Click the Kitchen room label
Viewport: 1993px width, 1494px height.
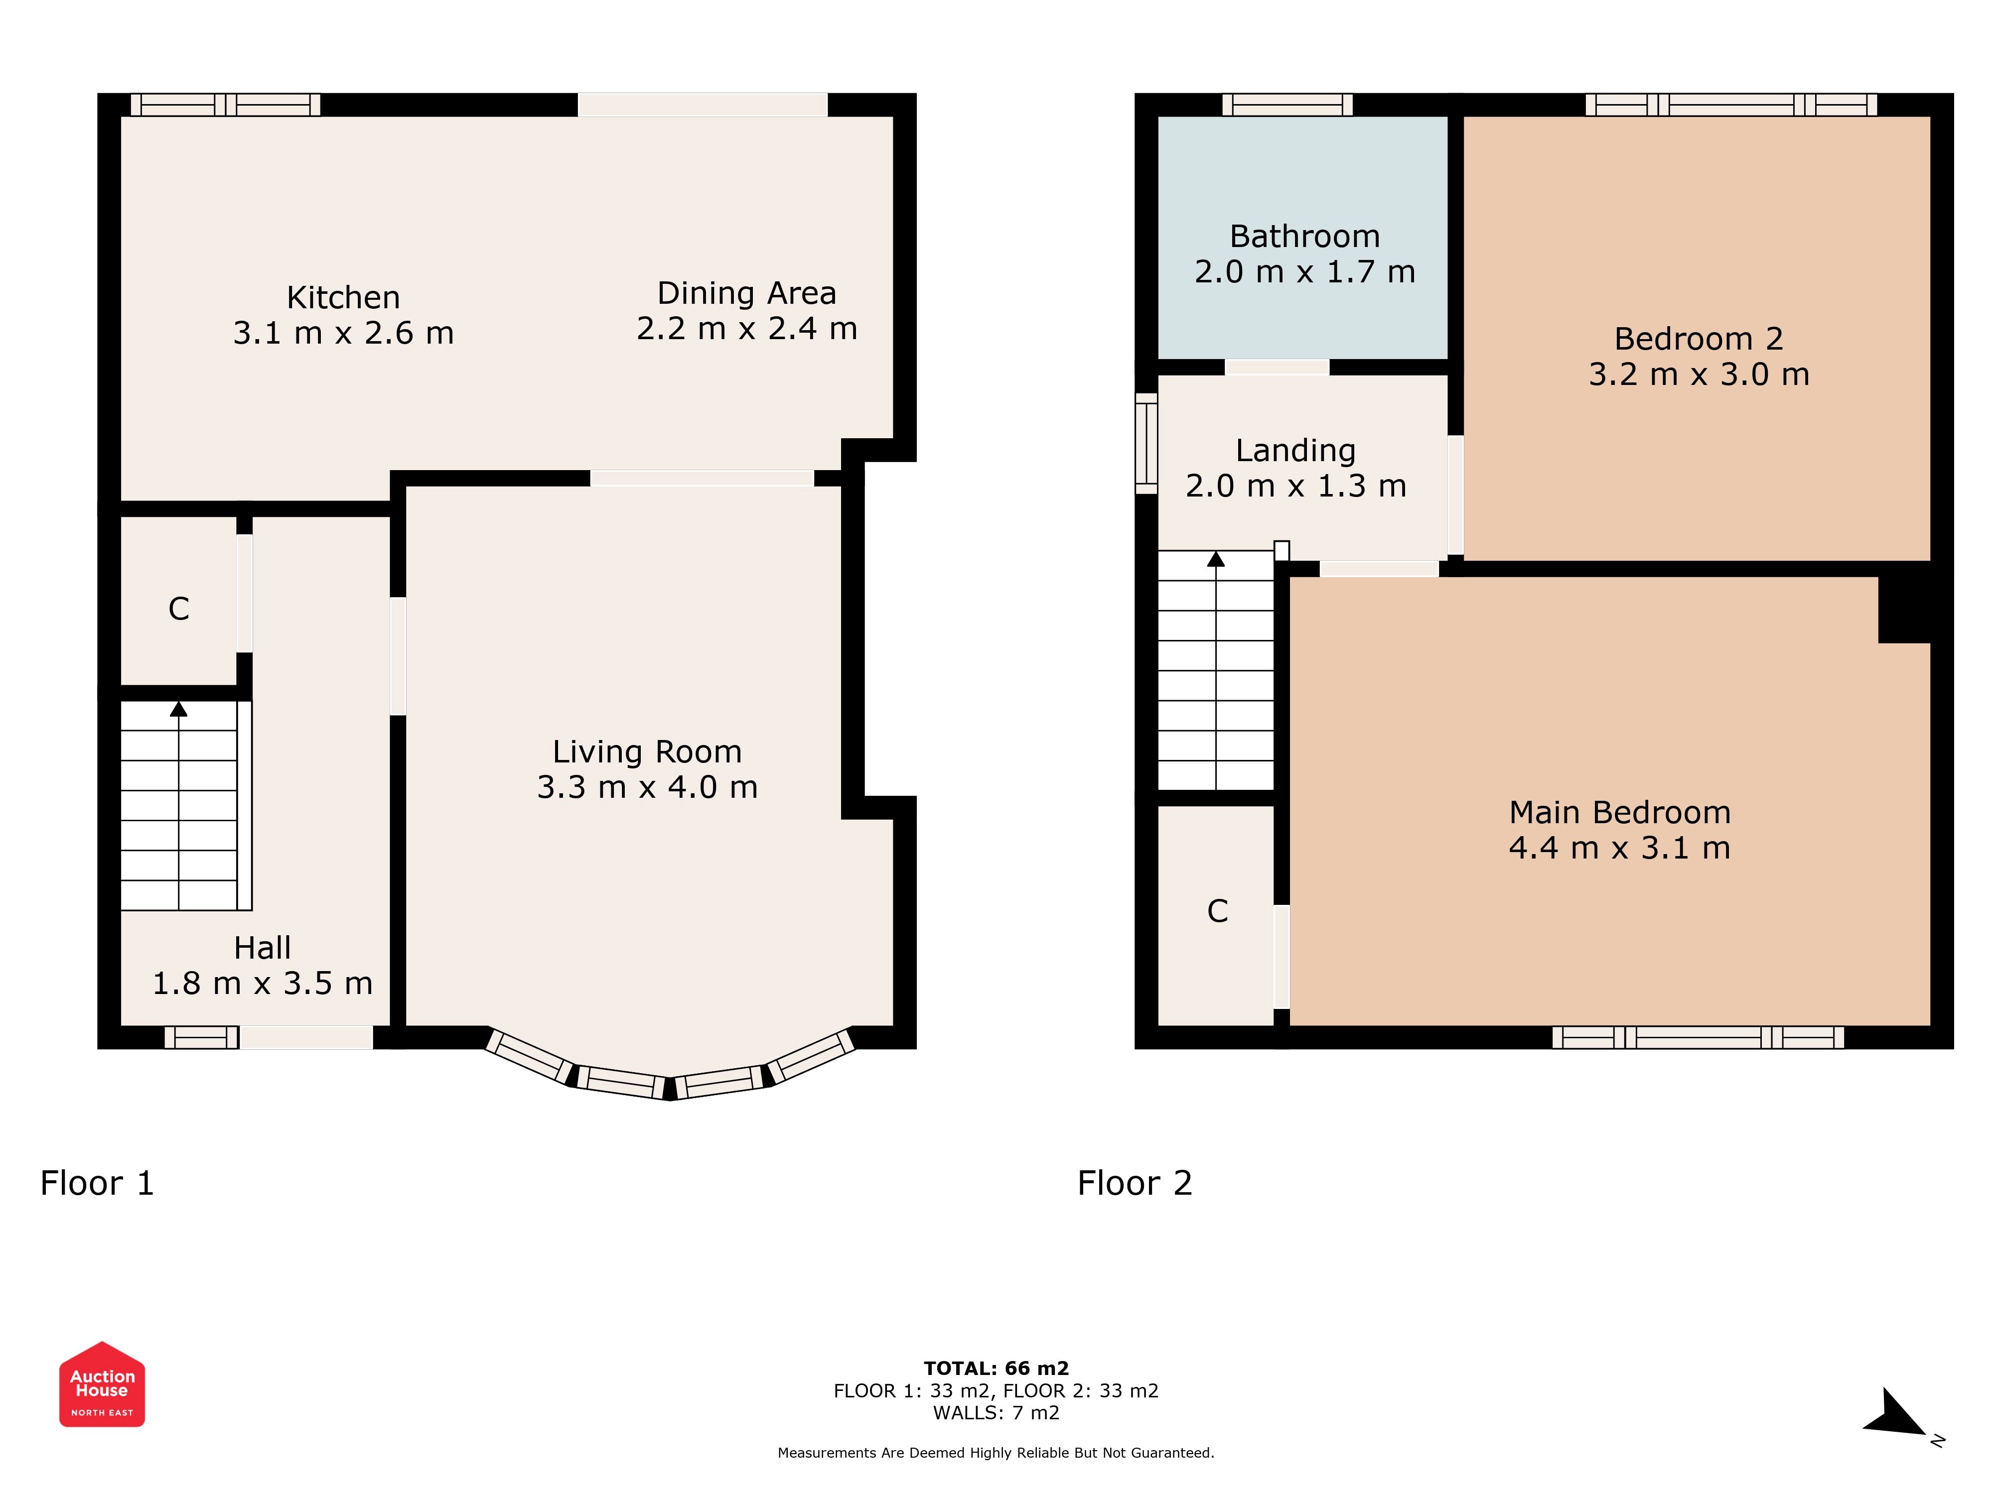(x=343, y=297)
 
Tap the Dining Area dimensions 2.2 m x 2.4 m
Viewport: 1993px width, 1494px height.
(x=747, y=329)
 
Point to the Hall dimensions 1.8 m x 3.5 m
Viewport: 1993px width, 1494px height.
(x=262, y=984)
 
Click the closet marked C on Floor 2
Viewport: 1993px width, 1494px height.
(x=1217, y=911)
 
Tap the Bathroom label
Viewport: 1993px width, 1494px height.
(x=1304, y=236)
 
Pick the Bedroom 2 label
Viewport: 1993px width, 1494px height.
(x=1699, y=339)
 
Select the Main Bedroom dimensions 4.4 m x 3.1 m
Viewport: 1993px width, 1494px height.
(x=1620, y=848)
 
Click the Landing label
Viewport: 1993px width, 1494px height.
(x=1295, y=450)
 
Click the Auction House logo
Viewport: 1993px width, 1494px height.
(x=102, y=1384)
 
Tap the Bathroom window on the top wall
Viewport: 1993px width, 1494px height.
(x=1287, y=105)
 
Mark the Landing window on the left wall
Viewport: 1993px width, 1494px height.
(x=1146, y=443)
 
